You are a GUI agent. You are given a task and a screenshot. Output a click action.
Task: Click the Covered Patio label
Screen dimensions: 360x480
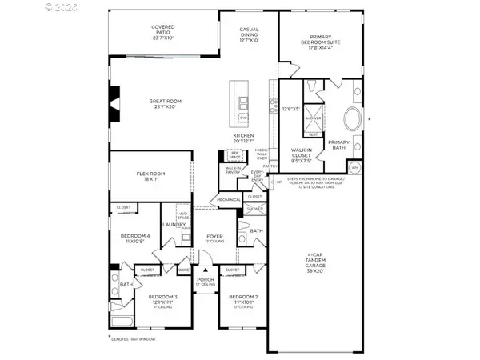[x=163, y=31]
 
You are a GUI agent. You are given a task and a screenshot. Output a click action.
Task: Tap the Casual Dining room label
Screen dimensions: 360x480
[x=249, y=34]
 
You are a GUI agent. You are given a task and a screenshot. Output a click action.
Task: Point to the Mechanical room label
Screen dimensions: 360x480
[x=229, y=199]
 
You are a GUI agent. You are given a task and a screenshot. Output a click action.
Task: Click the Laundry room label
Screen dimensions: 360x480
[x=174, y=224]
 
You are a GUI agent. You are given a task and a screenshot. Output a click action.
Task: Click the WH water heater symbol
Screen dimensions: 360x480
[x=354, y=166]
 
